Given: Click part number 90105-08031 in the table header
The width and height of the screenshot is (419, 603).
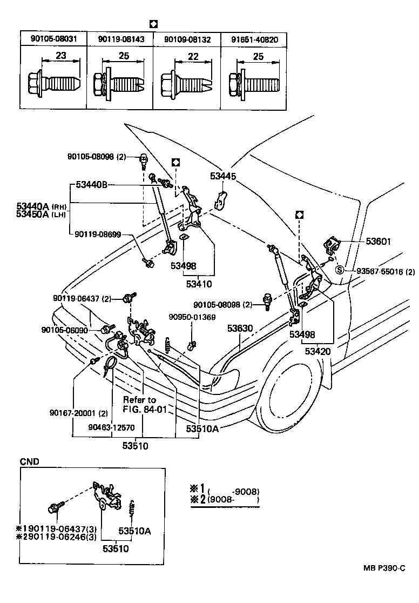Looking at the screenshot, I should pos(53,39).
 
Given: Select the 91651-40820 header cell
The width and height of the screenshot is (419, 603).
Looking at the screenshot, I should pos(254,39).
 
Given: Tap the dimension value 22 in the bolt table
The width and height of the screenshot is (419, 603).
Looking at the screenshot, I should pos(193,56).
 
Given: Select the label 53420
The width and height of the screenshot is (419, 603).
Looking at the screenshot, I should pos(317,352).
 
